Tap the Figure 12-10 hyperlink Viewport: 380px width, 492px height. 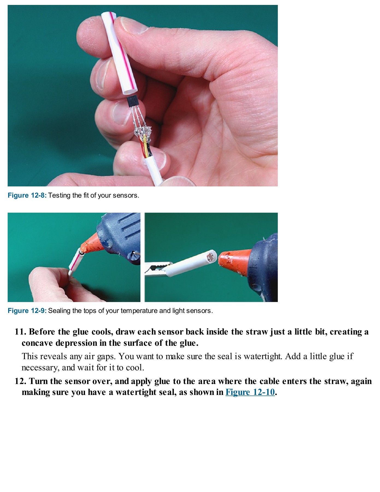[250, 392]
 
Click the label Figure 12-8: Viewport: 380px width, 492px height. [27, 195]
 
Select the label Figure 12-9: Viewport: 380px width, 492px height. [27, 311]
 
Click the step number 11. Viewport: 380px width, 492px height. [20, 332]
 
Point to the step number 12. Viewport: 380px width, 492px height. [20, 381]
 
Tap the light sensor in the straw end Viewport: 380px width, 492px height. [211, 257]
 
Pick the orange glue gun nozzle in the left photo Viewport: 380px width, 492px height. [92, 242]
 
